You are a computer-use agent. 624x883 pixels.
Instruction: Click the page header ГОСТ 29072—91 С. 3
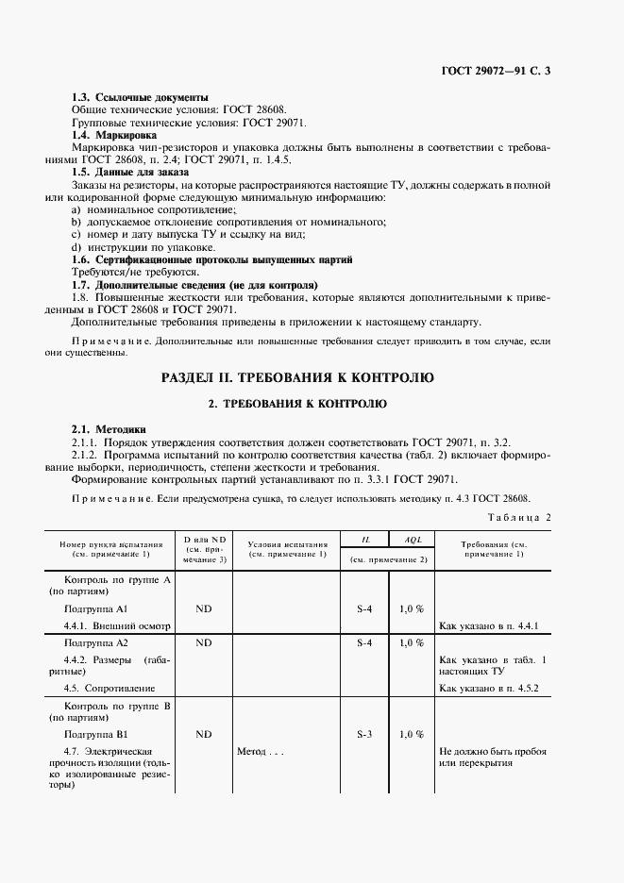click(x=495, y=72)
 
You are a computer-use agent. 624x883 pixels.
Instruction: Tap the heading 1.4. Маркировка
click(x=119, y=135)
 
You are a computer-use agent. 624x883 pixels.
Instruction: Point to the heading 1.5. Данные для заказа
click(x=130, y=172)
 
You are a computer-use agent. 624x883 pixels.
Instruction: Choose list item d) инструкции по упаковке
click(x=136, y=246)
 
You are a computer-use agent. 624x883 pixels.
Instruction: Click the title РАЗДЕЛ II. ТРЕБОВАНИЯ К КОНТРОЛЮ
click(x=297, y=378)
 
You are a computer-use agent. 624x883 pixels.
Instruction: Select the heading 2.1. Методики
click(x=109, y=429)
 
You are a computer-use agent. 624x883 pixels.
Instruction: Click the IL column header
click(x=364, y=540)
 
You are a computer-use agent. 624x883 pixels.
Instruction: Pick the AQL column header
click(x=412, y=540)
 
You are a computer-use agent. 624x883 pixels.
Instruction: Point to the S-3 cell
click(x=364, y=733)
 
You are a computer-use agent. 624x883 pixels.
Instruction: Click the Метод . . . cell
click(x=262, y=752)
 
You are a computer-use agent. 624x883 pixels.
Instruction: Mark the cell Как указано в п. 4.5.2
click(x=488, y=690)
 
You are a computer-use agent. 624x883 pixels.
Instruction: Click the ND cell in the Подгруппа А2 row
click(x=203, y=642)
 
